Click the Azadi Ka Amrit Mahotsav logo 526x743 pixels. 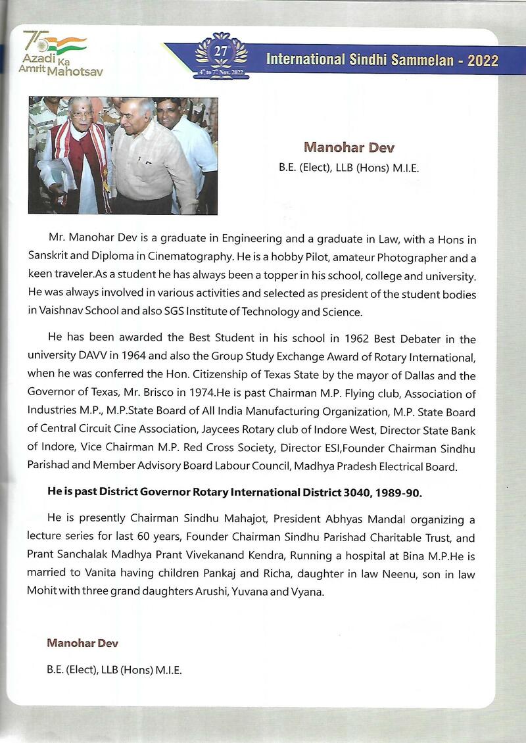tap(56, 53)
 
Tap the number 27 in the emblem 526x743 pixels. tap(221, 52)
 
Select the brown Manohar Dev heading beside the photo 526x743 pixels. tap(348, 147)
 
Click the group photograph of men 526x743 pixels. tap(123, 155)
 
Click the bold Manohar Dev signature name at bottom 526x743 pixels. tap(82, 642)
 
